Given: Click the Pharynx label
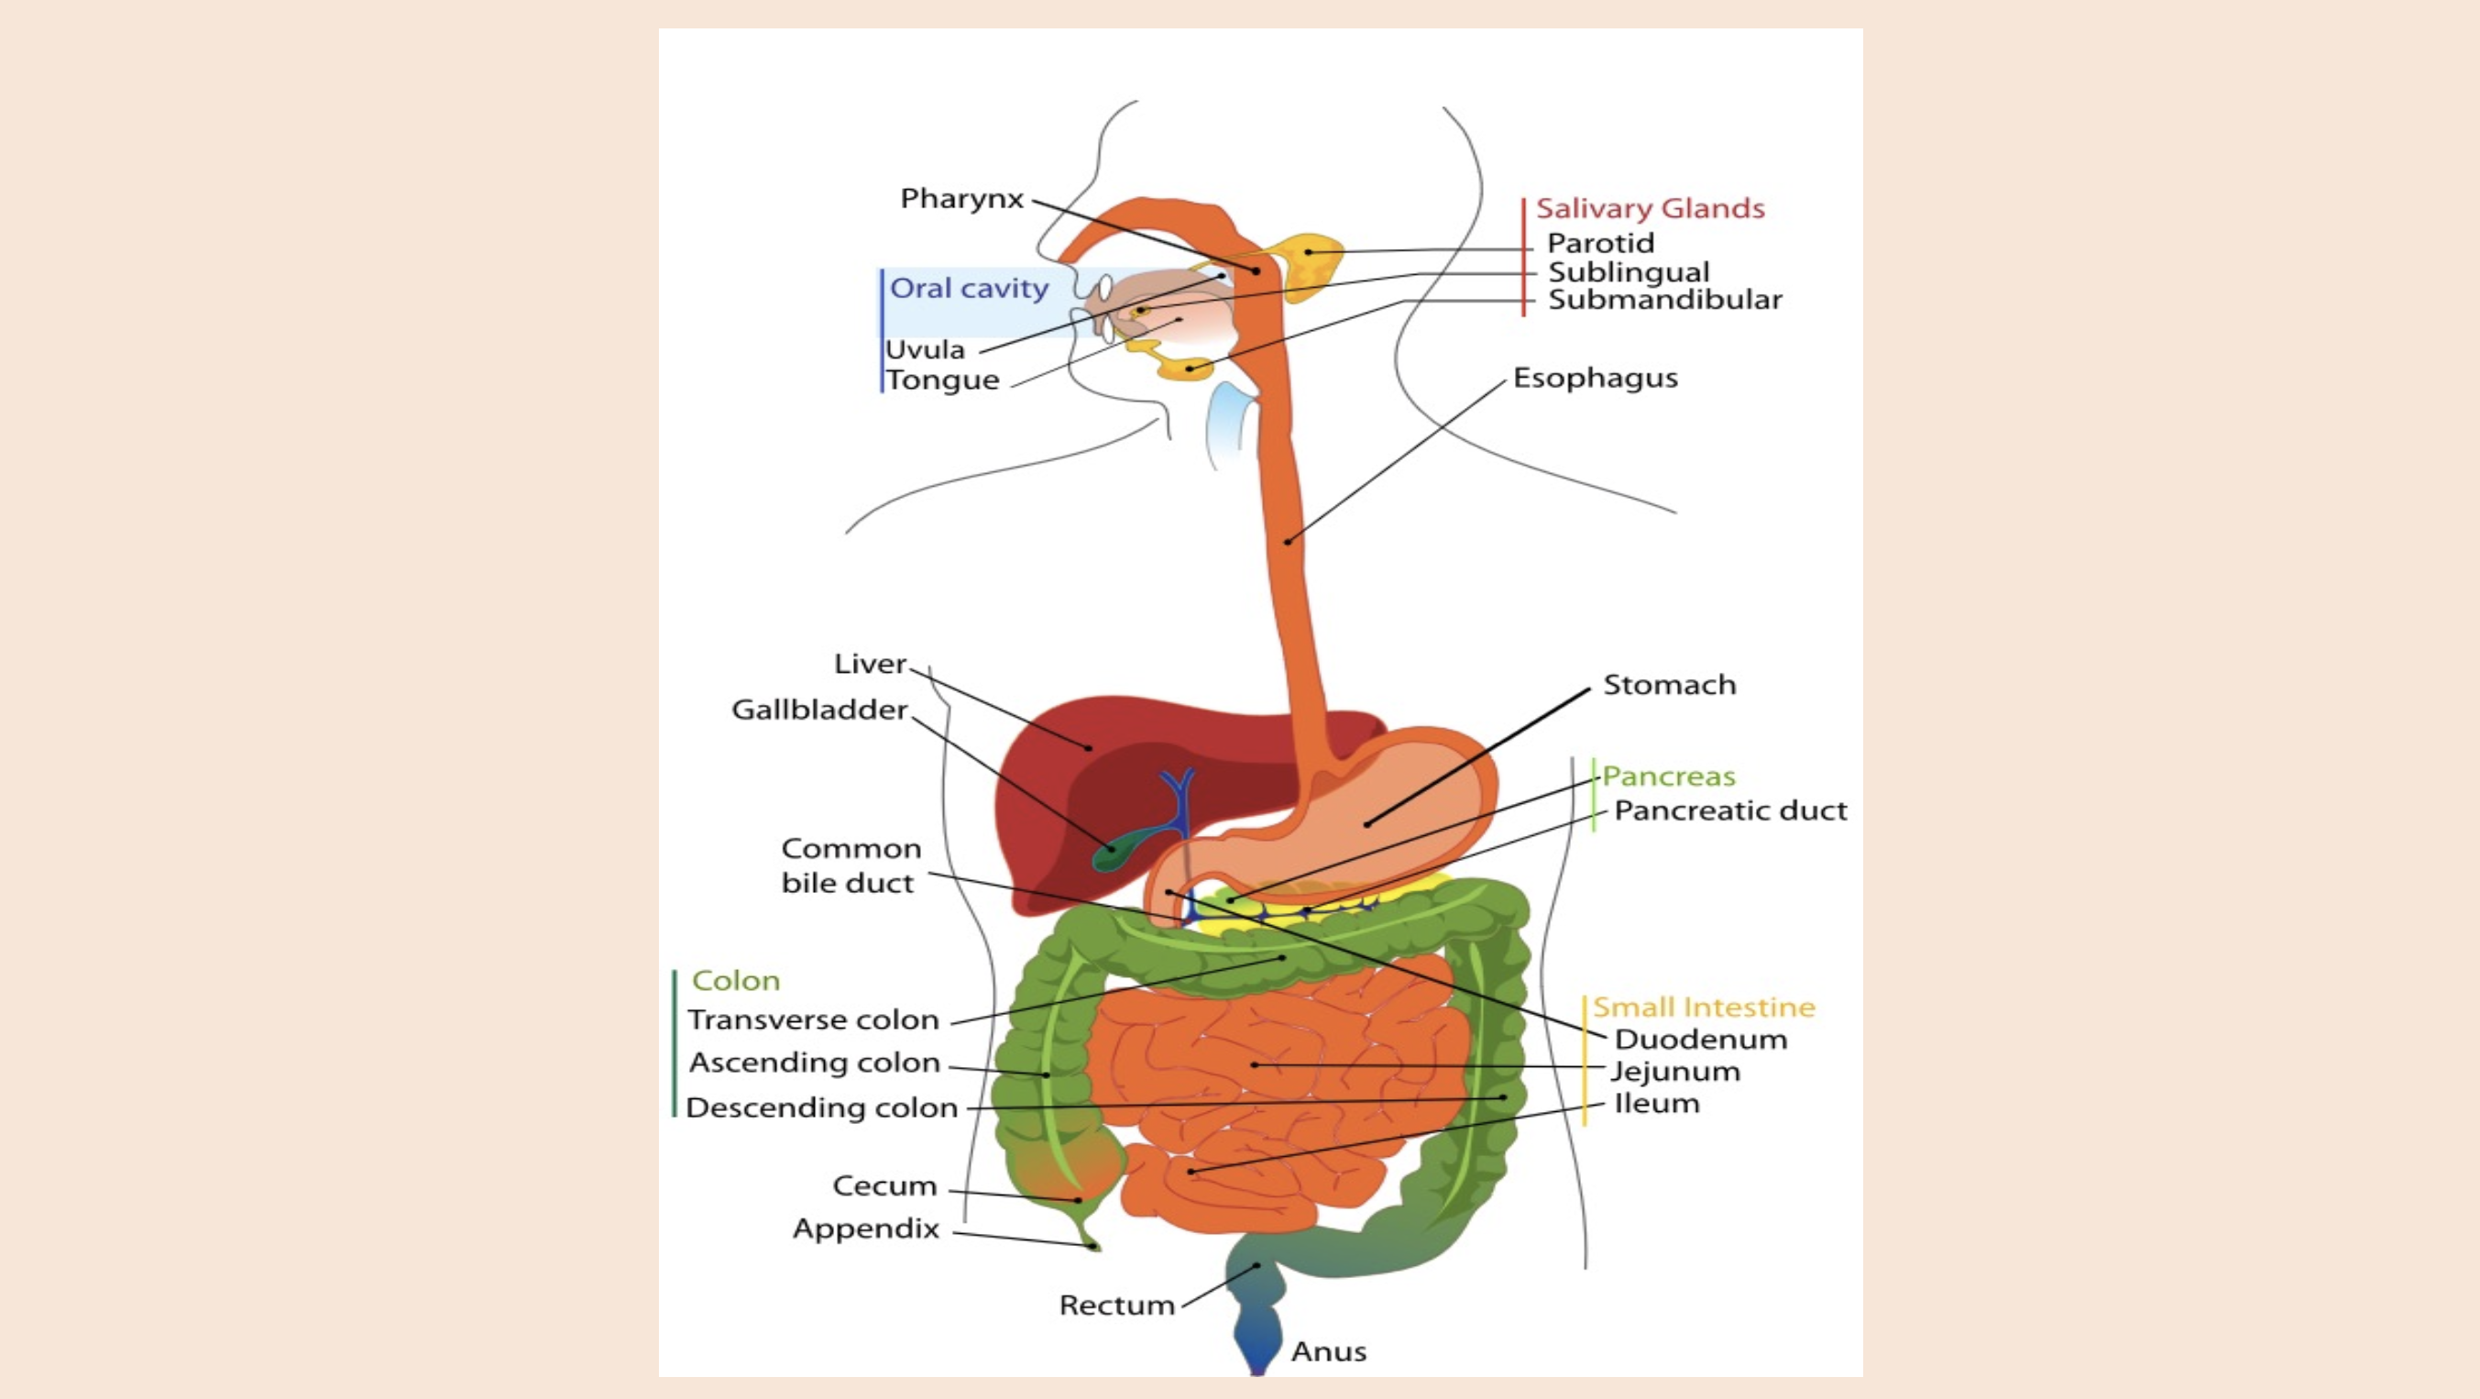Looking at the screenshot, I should coord(960,198).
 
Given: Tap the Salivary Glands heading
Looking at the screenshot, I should coord(1649,208).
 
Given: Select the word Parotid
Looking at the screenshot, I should coord(1600,243).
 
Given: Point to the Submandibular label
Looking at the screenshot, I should coord(1664,300).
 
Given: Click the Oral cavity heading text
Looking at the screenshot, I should coord(969,288).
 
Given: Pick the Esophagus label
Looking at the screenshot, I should coord(1595,378).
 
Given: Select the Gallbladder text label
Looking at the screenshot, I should coord(819,710).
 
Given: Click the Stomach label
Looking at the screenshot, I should coord(1668,685).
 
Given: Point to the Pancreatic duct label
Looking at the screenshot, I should coord(1730,810).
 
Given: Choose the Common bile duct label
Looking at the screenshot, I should coord(850,865).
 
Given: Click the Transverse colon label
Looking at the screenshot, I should coord(813,1019).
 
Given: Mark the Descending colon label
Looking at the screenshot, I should coord(821,1108).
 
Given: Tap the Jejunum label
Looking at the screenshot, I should coord(1675,1072).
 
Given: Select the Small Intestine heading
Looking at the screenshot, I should coord(1703,1008).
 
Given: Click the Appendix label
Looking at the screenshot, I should coord(865,1228).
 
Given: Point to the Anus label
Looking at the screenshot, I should coord(1328,1352).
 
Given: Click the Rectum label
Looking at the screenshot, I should coord(1117,1305).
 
